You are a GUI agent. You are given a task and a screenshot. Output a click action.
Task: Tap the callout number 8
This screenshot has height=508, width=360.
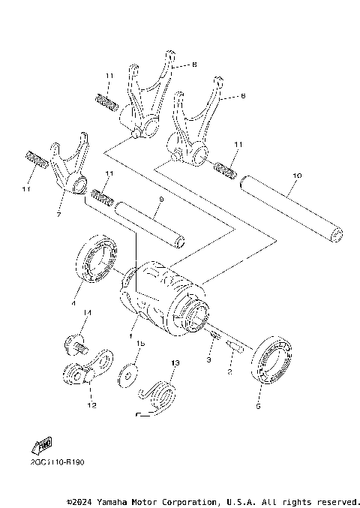click(193, 65)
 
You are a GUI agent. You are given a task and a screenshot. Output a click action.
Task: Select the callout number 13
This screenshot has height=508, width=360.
click(175, 362)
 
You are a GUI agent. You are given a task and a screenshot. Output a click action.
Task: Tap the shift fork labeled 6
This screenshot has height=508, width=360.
click(193, 128)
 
